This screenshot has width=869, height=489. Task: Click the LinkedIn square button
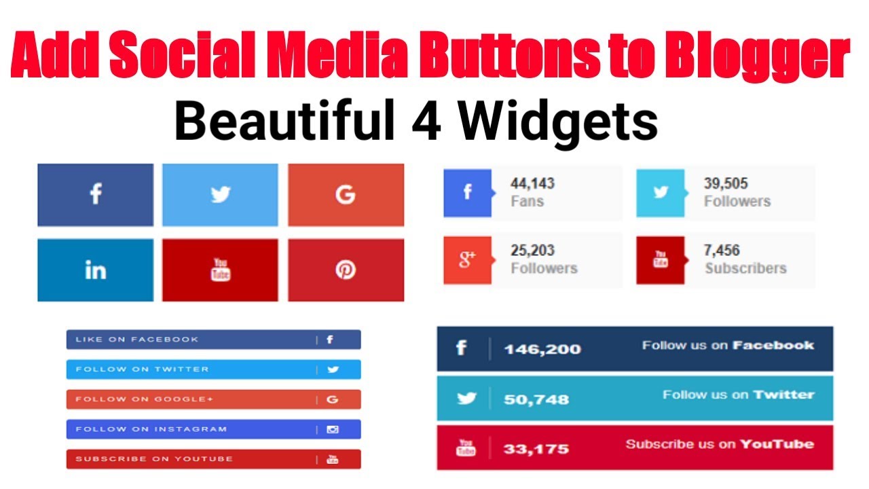tap(95, 270)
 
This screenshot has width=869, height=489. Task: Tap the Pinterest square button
tap(346, 270)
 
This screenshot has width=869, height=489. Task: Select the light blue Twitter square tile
tap(220, 195)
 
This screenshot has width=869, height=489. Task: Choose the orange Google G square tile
tap(346, 195)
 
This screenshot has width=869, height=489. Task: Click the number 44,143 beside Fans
tap(532, 183)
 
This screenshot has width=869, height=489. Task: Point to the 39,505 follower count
tap(726, 183)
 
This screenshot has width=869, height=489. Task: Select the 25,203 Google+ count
tap(532, 251)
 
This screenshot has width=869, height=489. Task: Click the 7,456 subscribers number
tap(722, 251)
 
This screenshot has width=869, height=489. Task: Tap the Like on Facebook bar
tap(213, 340)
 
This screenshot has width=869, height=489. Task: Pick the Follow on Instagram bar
tap(213, 429)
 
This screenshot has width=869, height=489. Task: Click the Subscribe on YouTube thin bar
tap(213, 459)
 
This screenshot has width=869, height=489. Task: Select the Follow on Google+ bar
tap(213, 399)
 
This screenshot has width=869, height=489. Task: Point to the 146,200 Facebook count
tap(542, 349)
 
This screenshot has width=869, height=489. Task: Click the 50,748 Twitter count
tap(536, 399)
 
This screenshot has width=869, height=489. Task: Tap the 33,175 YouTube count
tap(536, 449)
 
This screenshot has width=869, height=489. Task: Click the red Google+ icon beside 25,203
tap(467, 259)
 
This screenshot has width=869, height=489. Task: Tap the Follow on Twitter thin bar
tap(213, 369)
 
